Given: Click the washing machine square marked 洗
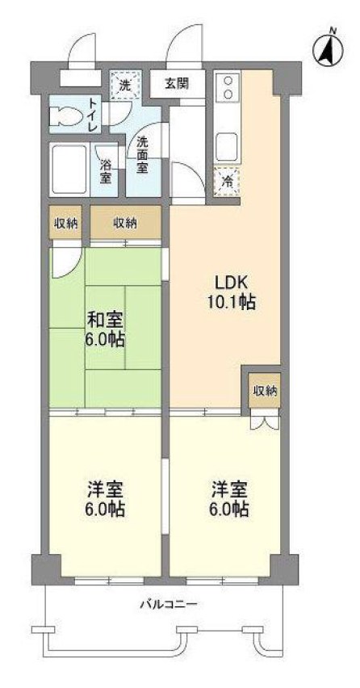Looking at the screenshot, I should point(125,82).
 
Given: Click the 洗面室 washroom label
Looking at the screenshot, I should point(142,156).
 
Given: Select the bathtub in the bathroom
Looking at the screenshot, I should point(69,169).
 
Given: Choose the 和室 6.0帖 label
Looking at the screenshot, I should point(106,329).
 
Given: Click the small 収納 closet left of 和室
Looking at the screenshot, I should point(65,222).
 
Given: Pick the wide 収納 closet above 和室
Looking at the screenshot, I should point(124,222).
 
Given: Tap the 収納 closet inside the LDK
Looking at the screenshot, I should point(265,391).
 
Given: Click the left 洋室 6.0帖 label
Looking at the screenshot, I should point(106,500).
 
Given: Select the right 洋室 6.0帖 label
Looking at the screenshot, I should point(230,500).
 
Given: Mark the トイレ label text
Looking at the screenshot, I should point(94,115).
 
